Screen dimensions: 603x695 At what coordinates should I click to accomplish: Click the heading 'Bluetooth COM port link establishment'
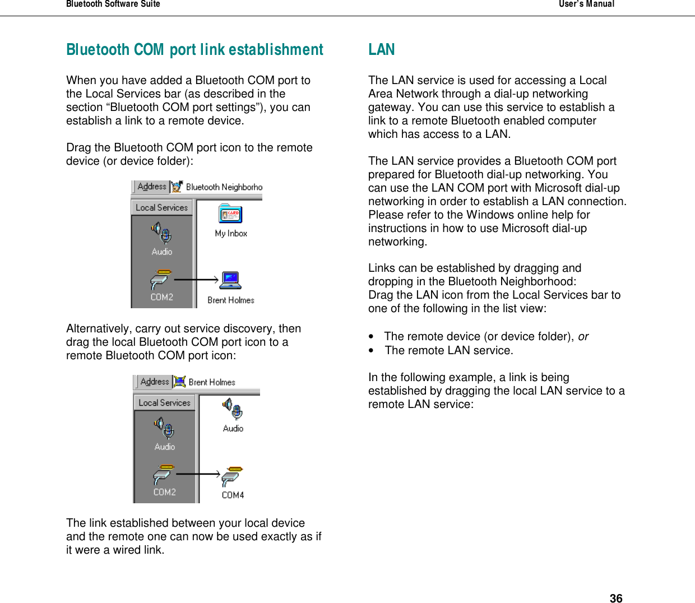coord(194,50)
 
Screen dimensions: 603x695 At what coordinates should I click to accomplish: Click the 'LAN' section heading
coord(382,50)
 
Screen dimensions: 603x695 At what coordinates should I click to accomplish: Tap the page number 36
coord(616,599)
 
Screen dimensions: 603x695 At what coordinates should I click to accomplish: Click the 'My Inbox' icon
coord(230,215)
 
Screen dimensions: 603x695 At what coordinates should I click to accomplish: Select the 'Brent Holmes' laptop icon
coord(230,280)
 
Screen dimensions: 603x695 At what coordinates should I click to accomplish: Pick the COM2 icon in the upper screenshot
coord(161,280)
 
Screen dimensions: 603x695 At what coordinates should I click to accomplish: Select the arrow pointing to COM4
coord(198,474)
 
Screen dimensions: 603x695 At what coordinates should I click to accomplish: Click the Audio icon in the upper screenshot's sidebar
coord(161,233)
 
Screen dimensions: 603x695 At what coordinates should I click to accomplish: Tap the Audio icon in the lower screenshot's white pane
coord(233,409)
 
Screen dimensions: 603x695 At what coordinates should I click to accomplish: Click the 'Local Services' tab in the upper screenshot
coord(161,207)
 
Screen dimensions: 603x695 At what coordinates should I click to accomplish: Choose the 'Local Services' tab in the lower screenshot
coord(164,402)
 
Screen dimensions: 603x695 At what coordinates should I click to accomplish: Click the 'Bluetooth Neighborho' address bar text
coord(224,187)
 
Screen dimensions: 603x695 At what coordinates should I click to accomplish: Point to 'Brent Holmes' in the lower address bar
coord(212,382)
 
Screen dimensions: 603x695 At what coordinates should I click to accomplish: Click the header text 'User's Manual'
coord(586,4)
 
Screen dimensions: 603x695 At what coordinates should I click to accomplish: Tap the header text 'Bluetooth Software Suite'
coord(113,4)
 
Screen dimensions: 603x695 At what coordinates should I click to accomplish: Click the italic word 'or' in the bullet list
coord(583,336)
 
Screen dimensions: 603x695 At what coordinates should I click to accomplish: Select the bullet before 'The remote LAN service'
coord(372,351)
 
